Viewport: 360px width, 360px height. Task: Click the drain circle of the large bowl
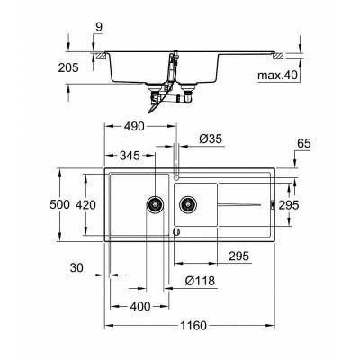click(x=155, y=204)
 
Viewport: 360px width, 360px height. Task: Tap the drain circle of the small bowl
click(x=186, y=204)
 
